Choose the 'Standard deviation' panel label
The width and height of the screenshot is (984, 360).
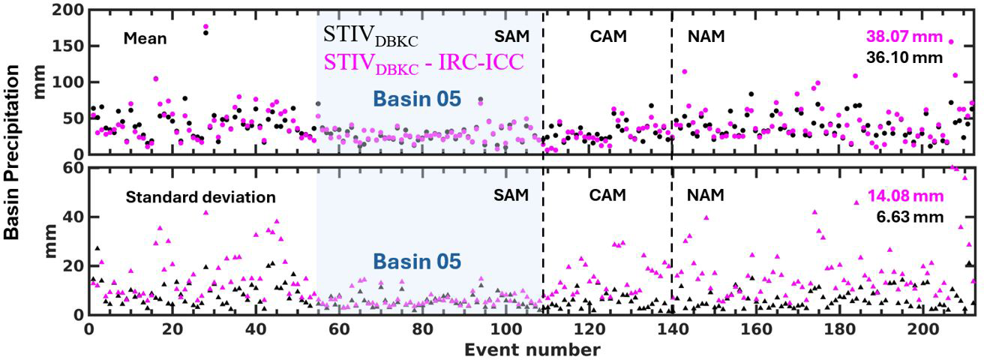(201, 197)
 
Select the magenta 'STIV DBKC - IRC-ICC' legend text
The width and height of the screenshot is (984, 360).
(423, 64)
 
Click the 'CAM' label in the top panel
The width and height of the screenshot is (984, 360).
(607, 35)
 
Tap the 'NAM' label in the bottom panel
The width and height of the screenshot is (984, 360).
(706, 196)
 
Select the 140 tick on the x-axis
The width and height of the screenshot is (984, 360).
(671, 329)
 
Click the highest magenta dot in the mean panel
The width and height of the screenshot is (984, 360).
(205, 27)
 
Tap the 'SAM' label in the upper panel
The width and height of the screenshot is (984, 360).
(511, 35)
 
